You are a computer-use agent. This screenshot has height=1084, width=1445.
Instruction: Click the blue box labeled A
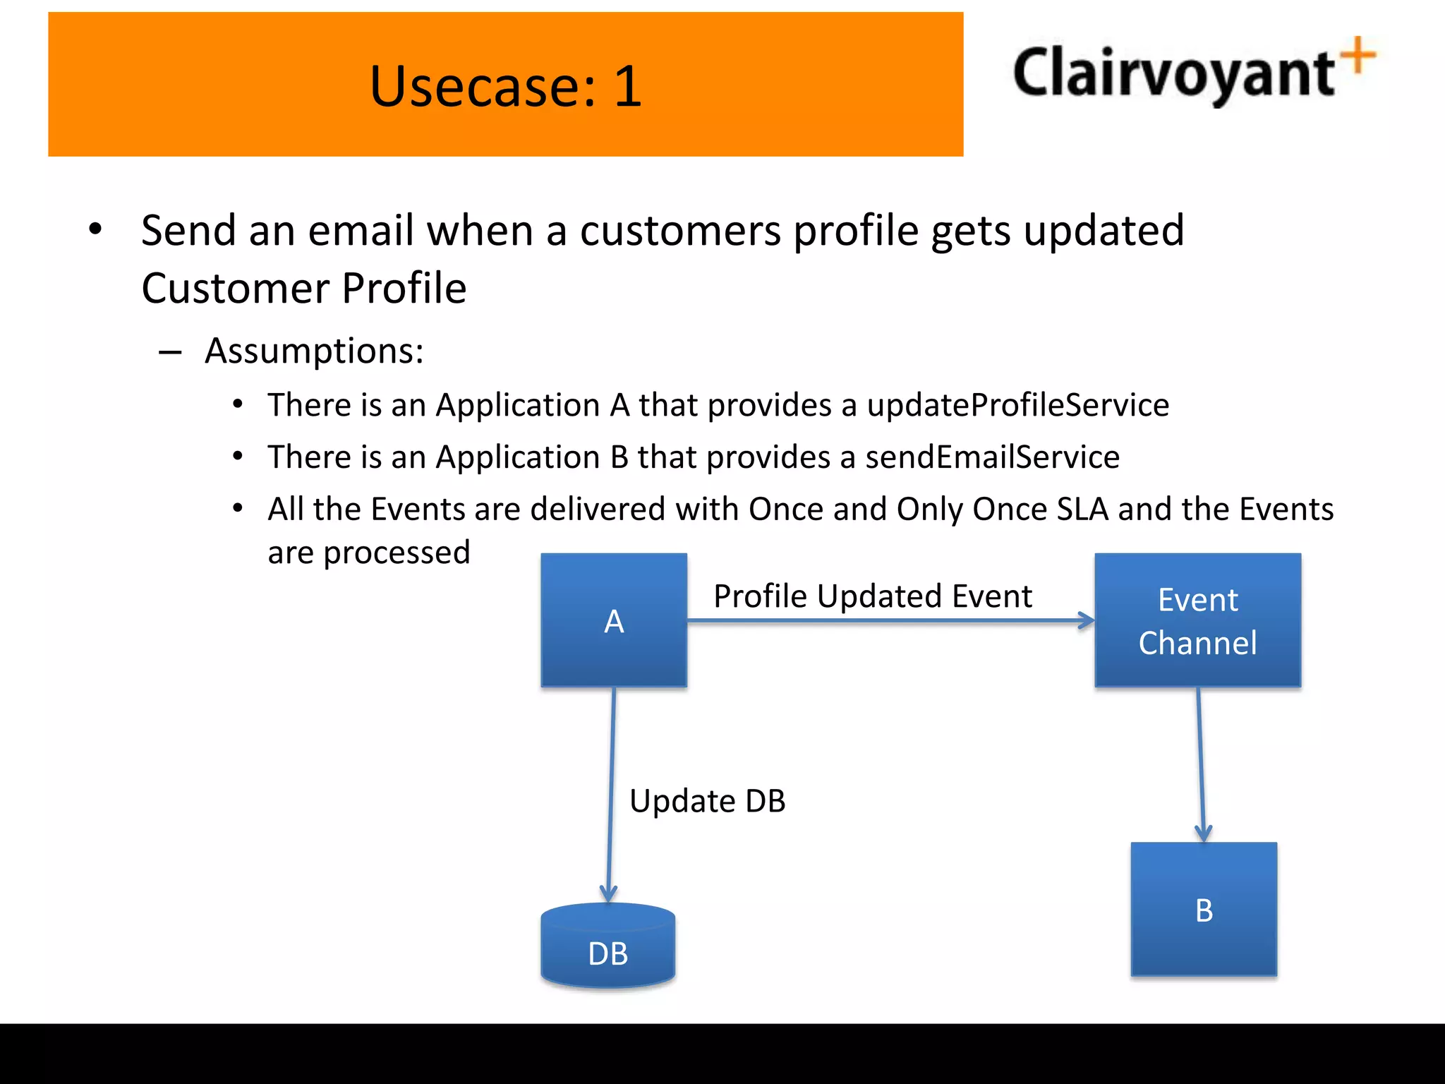point(614,620)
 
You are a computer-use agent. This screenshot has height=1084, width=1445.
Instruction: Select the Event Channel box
point(1197,620)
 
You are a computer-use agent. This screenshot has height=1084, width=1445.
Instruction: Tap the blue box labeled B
point(1204,909)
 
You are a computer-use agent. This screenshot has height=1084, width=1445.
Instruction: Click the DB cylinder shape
point(608,946)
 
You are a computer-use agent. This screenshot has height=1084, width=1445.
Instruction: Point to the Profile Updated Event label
point(872,596)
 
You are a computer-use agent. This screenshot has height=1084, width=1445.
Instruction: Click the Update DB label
point(707,801)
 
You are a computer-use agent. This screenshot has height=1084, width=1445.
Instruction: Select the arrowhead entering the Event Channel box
point(1087,621)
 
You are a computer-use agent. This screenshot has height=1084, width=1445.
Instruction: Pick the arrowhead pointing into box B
point(1204,833)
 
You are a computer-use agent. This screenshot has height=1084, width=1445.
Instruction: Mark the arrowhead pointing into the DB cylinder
point(608,893)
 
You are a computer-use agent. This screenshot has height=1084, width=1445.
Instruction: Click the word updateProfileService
point(1017,405)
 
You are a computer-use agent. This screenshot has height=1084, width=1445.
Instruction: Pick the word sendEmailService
point(992,457)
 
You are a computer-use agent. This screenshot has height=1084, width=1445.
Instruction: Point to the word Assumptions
point(314,351)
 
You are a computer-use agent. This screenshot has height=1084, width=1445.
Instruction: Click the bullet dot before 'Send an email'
point(95,229)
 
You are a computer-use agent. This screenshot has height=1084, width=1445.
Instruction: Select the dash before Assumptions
point(170,351)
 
